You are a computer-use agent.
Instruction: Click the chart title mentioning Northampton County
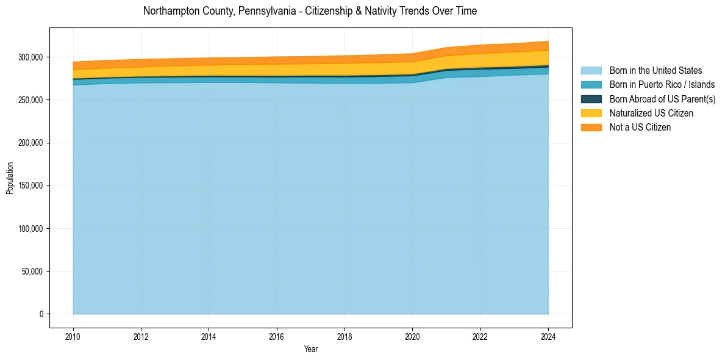(x=310, y=11)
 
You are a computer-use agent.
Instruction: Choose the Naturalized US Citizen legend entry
(x=651, y=113)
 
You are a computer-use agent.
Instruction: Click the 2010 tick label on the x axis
(x=73, y=336)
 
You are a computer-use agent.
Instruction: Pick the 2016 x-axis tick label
(x=277, y=336)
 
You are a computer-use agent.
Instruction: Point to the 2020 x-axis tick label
(x=413, y=336)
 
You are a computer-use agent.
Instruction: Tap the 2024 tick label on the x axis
(x=548, y=336)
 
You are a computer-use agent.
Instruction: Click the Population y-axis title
(x=10, y=178)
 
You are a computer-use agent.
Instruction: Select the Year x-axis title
(x=310, y=349)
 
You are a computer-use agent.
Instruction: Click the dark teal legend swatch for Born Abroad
(x=591, y=99)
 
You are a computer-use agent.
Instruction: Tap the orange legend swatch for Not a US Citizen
(x=591, y=127)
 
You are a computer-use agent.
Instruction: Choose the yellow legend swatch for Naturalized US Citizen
(x=591, y=113)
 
